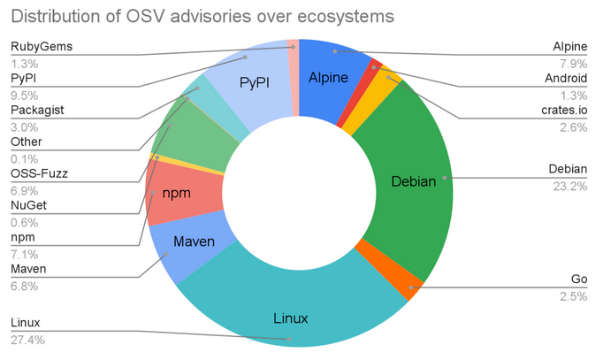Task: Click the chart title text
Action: [202, 17]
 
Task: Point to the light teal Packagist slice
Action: [217, 108]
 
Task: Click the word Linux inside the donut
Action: [291, 318]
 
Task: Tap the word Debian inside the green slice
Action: [414, 181]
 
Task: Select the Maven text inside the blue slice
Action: [194, 241]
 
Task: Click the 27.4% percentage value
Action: [27, 340]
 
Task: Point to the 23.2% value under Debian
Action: [570, 187]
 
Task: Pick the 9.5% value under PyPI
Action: [24, 96]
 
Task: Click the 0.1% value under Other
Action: [24, 159]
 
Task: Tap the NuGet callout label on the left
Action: [29, 205]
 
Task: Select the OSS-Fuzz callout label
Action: [39, 173]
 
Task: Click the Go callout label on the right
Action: [579, 279]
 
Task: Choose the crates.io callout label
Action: [564, 110]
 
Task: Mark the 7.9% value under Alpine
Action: [574, 64]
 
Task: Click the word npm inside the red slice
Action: [177, 193]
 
